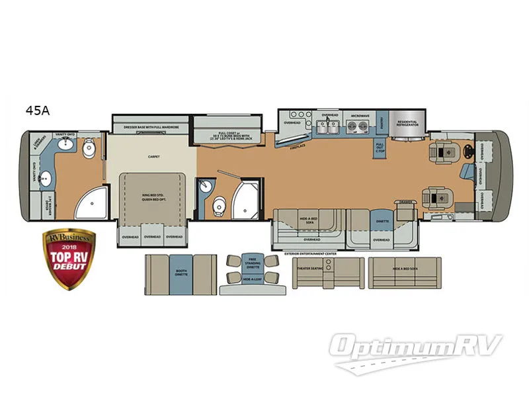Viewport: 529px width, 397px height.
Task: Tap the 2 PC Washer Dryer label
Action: click(48, 201)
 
